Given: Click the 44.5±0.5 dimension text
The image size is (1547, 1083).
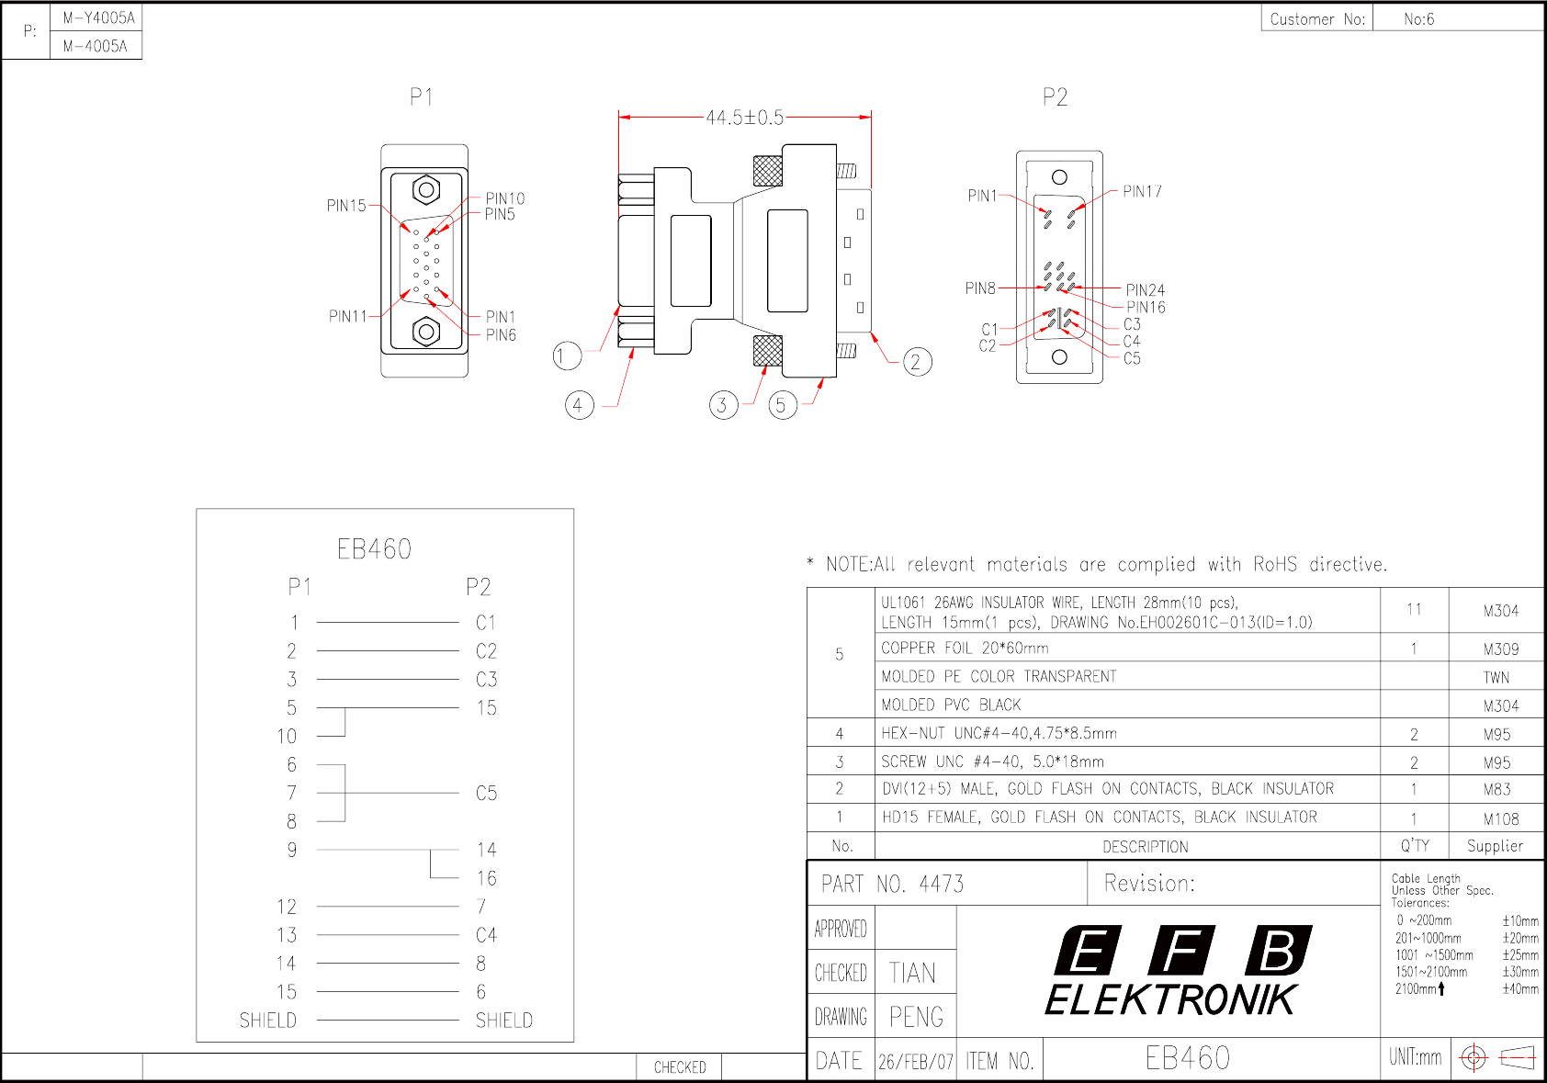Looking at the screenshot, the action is point(744,118).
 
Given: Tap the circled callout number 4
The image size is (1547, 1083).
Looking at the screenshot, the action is point(579,405).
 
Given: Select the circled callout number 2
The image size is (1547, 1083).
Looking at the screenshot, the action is point(917,362).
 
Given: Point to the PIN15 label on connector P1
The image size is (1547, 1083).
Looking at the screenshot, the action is point(346,205).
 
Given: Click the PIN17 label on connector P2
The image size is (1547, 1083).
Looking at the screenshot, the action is point(1142,191).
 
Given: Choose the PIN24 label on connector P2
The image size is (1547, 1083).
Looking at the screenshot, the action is point(1145,290).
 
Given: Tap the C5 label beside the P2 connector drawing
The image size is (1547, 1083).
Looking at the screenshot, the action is point(1132,358).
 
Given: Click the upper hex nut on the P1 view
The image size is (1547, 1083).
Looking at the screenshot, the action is point(426,190).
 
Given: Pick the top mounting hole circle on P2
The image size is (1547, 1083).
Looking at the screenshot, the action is point(1059,177).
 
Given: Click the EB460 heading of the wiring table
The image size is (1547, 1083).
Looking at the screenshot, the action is point(374,550).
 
